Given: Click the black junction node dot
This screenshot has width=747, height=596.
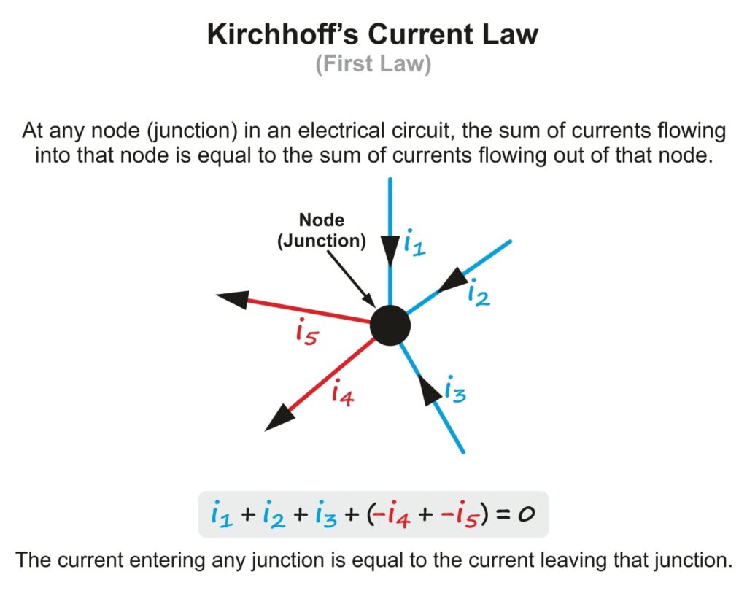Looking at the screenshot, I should coord(390,325).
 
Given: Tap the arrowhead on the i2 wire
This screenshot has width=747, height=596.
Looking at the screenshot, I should coord(454,279).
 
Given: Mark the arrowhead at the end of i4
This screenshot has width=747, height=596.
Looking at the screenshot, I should coord(280,418).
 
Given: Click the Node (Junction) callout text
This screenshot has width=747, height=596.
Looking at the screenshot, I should coord(321,230).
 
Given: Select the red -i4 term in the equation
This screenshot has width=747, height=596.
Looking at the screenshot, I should coord(395,514).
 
